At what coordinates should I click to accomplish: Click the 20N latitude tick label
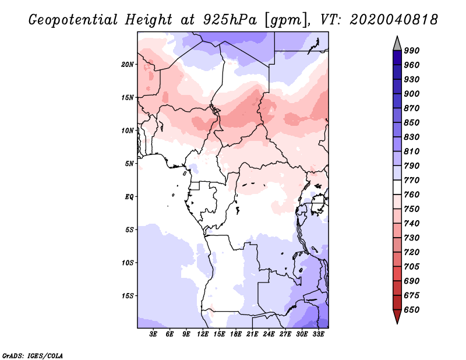(128, 65)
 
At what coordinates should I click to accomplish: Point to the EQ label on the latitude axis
(129, 197)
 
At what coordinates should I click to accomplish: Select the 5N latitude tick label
(129, 164)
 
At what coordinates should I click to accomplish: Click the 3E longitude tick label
(153, 334)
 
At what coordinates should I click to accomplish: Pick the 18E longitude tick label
(236, 334)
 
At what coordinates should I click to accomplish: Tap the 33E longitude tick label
(318, 334)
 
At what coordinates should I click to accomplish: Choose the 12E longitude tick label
(203, 334)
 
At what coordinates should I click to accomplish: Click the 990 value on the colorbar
(412, 51)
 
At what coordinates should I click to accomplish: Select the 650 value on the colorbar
(412, 310)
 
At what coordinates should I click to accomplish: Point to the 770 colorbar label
(412, 180)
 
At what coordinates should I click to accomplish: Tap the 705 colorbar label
(412, 267)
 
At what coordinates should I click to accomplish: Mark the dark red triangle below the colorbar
(397, 315)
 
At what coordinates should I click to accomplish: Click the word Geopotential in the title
(73, 20)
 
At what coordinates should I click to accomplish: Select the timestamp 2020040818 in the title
(394, 20)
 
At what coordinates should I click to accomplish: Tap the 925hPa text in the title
(230, 20)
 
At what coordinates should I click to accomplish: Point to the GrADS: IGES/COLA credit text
(33, 356)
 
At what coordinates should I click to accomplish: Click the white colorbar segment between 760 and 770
(397, 188)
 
